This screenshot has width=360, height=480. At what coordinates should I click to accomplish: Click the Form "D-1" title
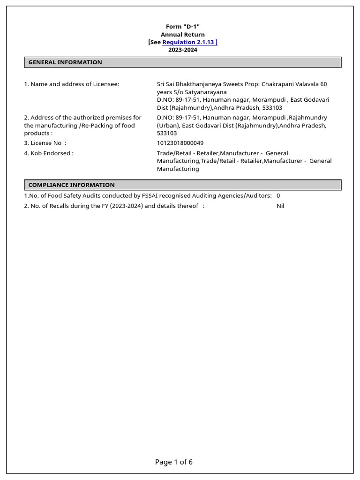183,27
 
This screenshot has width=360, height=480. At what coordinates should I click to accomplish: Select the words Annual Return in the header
183,34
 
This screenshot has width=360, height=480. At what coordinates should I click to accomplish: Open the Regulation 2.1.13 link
190,42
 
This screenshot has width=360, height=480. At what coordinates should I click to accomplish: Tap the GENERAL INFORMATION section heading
65,62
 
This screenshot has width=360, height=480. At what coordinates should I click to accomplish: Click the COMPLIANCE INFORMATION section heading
71,185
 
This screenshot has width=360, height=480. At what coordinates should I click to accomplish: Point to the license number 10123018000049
180,143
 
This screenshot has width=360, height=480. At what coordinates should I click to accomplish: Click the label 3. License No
45,143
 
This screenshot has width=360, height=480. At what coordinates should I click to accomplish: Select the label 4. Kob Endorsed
49,153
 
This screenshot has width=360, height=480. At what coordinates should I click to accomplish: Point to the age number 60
323,84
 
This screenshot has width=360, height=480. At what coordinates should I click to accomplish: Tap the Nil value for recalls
280,206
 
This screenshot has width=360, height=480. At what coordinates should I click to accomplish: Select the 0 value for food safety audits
278,195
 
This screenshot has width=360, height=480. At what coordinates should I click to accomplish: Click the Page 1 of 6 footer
174,462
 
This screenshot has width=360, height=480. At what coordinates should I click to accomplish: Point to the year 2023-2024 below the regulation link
183,50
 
